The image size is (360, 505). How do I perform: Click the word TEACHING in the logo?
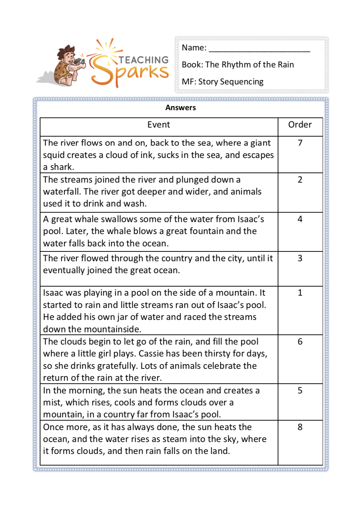[144, 60]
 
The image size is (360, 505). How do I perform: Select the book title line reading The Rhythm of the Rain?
[238, 65]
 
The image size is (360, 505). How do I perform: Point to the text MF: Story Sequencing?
[222, 82]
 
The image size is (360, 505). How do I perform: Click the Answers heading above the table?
[180, 108]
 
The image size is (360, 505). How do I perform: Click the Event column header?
[159, 125]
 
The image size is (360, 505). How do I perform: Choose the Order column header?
[300, 125]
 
